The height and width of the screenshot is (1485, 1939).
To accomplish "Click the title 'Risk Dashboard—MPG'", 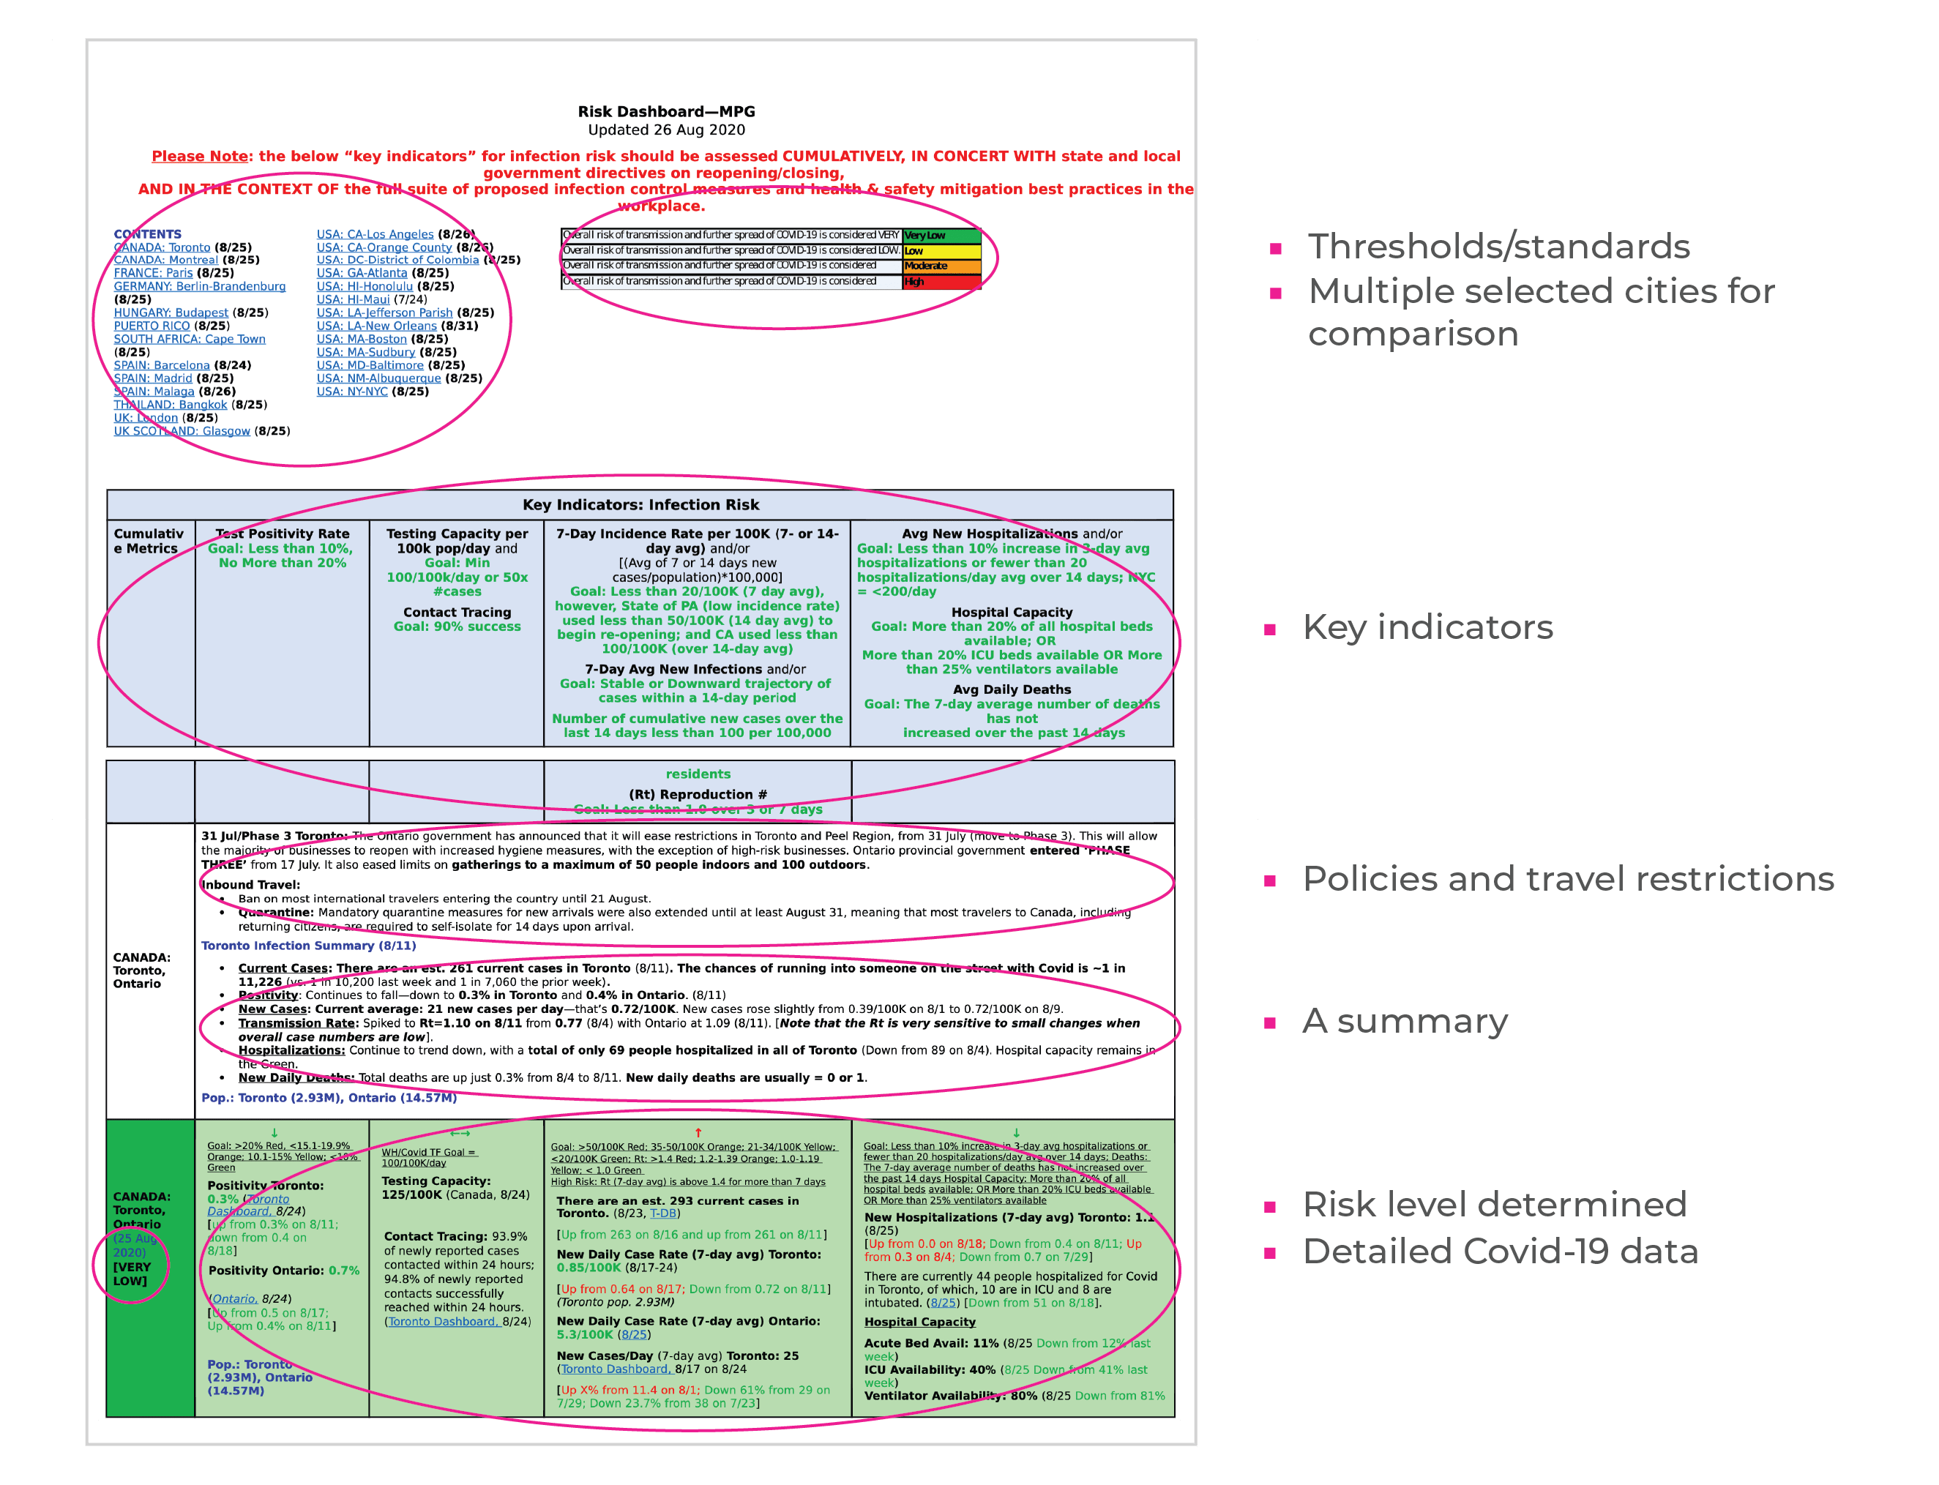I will coord(666,111).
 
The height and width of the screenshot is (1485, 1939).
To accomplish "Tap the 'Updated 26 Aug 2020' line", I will coord(666,130).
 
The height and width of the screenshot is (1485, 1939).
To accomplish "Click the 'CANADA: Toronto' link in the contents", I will coord(162,247).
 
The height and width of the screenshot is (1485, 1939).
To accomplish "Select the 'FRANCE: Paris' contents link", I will coord(153,273).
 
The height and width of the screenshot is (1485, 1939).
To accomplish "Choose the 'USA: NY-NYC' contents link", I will coord(352,392).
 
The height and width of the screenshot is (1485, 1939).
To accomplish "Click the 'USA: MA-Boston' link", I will coord(362,340).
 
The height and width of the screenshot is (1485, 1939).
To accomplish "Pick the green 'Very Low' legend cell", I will coord(941,236).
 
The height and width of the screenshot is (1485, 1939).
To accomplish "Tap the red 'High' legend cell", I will coord(941,282).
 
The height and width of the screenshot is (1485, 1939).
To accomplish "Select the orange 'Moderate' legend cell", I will coord(941,266).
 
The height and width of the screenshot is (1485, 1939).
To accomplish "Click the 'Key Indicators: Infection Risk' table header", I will coord(640,505).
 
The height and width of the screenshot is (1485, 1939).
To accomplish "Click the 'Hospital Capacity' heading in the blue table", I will coord(1012,613).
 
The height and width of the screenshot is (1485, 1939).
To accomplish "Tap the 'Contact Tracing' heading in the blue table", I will coord(457,613).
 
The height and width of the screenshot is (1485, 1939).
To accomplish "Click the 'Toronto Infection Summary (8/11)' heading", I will coord(308,946).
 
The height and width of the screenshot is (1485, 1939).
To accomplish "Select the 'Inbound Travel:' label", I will coord(251,885).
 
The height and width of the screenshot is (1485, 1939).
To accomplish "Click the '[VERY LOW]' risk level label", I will coord(132,1273).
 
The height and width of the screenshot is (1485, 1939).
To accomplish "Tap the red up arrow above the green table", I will coord(698,1132).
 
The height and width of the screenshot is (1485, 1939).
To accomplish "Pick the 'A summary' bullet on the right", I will coord(1405,1021).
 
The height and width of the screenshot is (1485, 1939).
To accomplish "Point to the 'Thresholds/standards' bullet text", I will coord(1499,247).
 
